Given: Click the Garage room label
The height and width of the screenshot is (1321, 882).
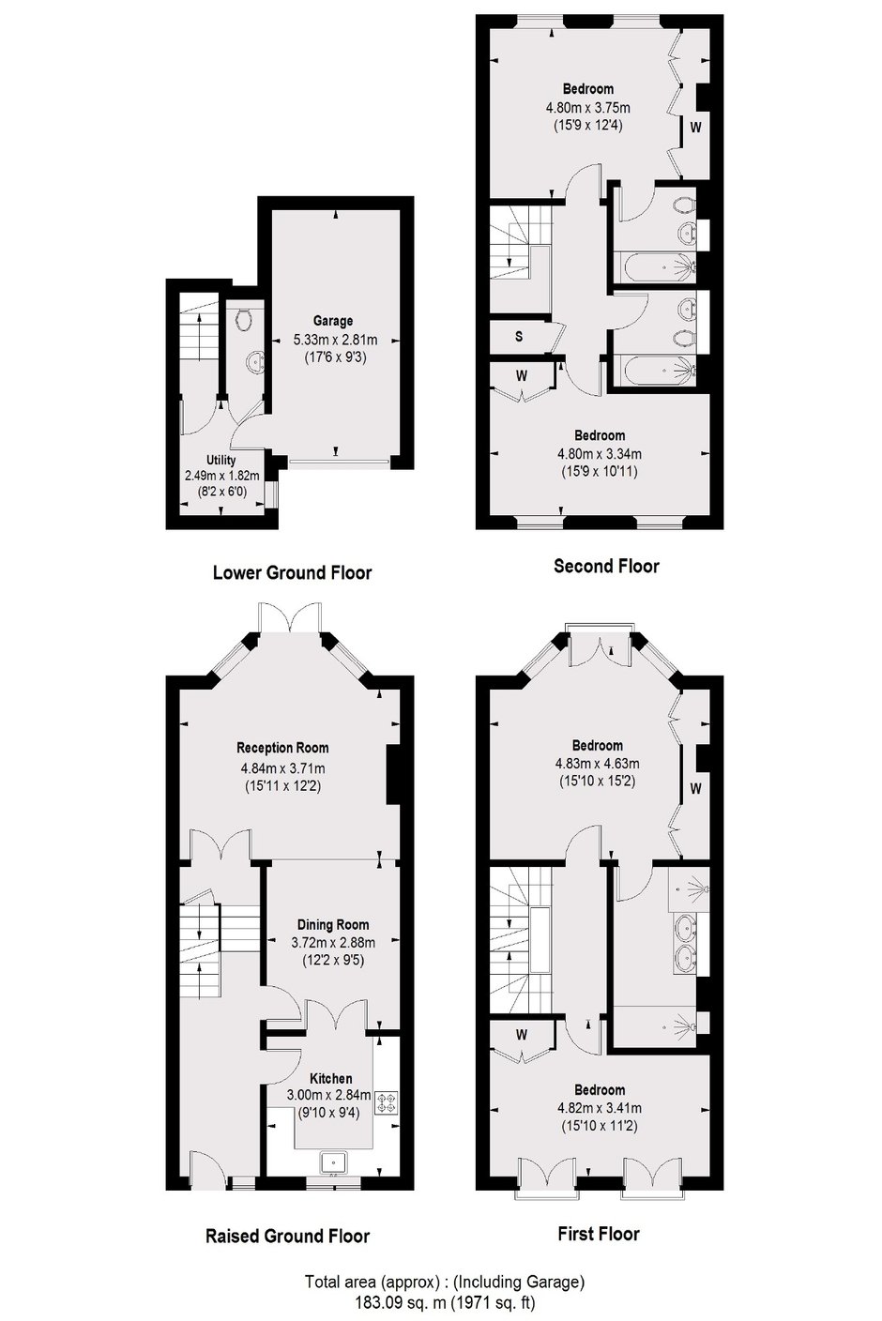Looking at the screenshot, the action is (333, 322).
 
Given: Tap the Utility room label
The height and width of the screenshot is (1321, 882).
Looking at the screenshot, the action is (221, 460).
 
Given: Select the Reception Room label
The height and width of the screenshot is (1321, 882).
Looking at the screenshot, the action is (282, 749).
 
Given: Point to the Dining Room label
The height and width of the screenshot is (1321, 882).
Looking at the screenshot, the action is (333, 925).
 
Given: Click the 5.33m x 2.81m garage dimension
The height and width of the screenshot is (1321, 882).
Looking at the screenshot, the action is (335, 340).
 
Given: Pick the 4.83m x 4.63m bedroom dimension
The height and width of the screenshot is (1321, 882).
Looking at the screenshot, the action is (597, 764).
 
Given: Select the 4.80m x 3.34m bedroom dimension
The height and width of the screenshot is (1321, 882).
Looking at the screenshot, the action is (600, 454).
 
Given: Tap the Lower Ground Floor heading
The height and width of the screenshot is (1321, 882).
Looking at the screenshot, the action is (292, 572).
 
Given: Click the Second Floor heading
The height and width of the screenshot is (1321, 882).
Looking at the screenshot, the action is (606, 566).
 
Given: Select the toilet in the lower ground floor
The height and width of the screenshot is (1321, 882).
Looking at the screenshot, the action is (243, 319).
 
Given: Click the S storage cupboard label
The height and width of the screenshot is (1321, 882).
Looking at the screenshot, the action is (519, 337).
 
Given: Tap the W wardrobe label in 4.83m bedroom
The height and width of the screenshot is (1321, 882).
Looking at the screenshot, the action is (695, 788).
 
